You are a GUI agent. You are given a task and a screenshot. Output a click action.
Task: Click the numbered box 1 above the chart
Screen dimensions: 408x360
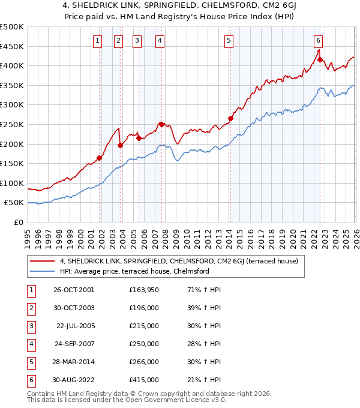[x=97, y=41]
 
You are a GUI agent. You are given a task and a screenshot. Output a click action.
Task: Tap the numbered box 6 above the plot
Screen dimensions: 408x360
[x=318, y=41]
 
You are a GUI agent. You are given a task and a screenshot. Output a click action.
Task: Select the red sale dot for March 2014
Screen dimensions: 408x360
[x=230, y=118]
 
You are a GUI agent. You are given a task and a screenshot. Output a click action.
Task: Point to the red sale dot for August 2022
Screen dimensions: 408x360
[x=320, y=60]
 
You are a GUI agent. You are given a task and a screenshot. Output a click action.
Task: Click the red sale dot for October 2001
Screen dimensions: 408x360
[x=100, y=158]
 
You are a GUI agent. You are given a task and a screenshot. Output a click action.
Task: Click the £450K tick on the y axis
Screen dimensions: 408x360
[x=12, y=46]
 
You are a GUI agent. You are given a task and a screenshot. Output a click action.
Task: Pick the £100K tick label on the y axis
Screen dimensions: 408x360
[x=12, y=183]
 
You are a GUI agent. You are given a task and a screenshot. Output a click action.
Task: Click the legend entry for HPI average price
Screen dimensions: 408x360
[x=134, y=271]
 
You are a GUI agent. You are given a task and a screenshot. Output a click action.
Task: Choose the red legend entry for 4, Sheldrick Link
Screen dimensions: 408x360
[x=183, y=261]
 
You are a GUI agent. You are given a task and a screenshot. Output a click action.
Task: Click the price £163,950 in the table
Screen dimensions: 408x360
[x=144, y=290]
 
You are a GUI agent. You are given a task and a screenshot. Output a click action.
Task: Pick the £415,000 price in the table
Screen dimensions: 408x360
[x=144, y=380]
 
